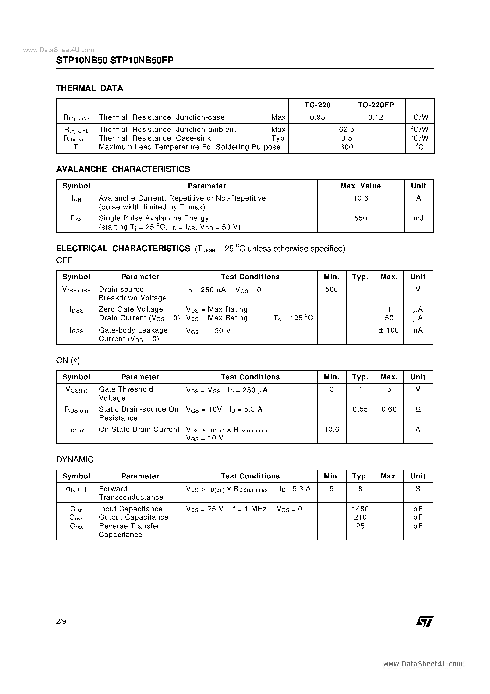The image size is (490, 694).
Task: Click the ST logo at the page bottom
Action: point(425,621)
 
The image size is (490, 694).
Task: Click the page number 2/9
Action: point(61,621)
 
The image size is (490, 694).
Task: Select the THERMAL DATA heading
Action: point(89,88)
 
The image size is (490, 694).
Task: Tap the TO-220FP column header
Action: point(376,105)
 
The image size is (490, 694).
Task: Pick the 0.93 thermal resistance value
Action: point(318,117)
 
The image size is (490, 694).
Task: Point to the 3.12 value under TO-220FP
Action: point(376,117)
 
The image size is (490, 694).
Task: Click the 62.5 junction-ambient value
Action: point(347,129)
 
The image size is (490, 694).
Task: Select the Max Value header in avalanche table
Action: point(361,186)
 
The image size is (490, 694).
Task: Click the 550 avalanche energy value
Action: point(361,218)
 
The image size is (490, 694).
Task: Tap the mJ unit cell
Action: point(419,218)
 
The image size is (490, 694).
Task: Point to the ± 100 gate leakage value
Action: point(389,330)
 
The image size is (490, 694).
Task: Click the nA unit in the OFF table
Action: point(418,330)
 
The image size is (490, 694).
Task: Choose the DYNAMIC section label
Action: point(75,460)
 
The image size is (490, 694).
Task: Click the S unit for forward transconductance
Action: point(418,489)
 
